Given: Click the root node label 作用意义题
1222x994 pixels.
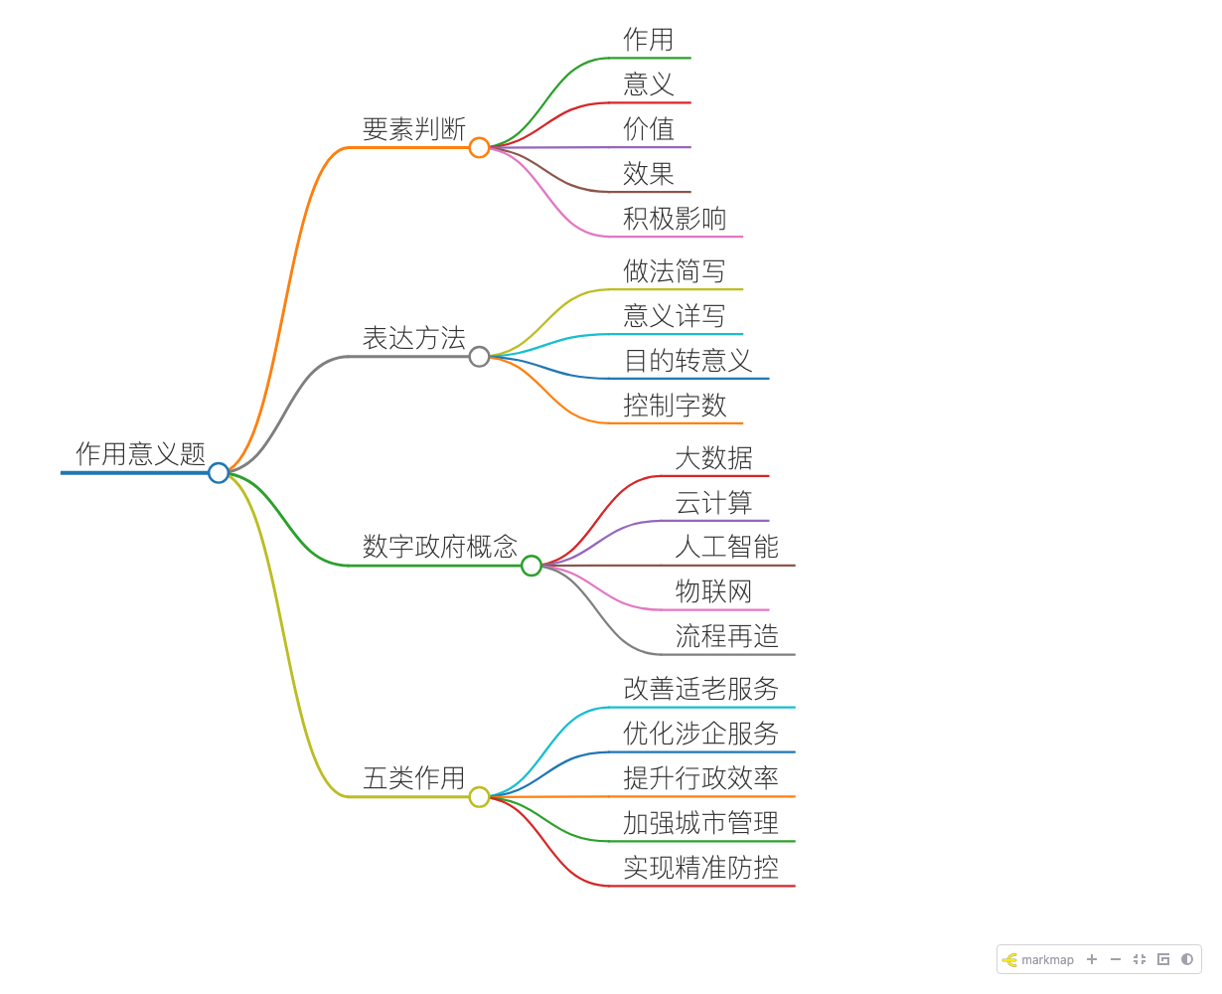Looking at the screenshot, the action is (x=140, y=453).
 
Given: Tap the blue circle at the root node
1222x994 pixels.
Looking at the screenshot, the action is (x=218, y=472).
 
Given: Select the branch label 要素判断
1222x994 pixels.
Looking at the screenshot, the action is (x=413, y=128).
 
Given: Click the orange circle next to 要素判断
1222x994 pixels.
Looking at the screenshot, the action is (x=479, y=147).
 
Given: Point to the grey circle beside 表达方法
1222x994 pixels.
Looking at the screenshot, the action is (x=479, y=357).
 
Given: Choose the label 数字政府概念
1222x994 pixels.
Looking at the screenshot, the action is (x=439, y=546).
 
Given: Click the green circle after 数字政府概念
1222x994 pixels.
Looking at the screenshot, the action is (x=531, y=566).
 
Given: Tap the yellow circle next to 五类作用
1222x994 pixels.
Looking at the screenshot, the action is (x=479, y=796).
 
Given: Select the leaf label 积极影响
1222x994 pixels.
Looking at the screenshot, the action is (x=675, y=218).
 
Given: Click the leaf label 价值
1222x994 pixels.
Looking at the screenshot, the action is (x=649, y=128).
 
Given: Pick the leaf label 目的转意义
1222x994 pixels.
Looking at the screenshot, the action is (x=687, y=361).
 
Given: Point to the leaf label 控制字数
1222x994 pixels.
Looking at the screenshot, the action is (x=675, y=406).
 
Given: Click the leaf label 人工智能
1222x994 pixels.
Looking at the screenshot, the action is (x=726, y=546).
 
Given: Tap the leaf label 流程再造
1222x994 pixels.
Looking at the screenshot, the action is (x=726, y=636).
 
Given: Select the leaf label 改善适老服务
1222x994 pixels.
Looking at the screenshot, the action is (x=700, y=689).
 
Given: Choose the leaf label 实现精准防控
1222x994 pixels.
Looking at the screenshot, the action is (x=700, y=867).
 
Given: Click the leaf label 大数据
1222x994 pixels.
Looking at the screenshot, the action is (x=713, y=457).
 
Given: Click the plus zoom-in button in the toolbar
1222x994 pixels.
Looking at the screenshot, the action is (x=1091, y=959).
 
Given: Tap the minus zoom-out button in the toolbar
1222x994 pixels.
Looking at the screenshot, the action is (x=1116, y=959).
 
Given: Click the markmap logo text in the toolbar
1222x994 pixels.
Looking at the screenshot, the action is (x=1047, y=959).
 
